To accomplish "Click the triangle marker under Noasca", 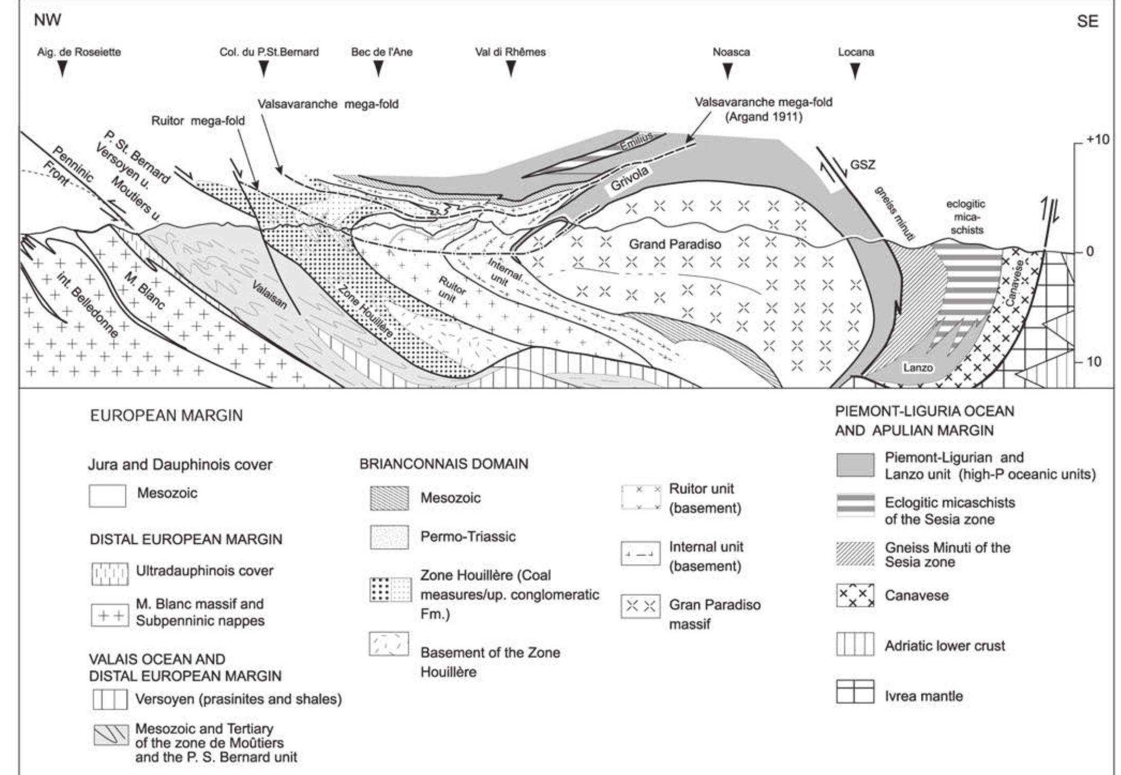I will coord(727,71).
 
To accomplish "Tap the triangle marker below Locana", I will coord(855,71).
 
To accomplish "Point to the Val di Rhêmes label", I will coord(510,52).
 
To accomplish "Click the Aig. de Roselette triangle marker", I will coord(62,69).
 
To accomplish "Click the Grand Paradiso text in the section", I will coord(675,245).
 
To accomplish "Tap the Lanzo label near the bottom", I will coord(917,367).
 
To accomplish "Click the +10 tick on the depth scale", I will coord(1097,140).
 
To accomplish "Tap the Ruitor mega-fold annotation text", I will coord(198,121).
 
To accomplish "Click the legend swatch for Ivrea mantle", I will coord(855,691).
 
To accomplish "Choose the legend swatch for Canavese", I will coord(855,595).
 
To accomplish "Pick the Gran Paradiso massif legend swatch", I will coord(640,607).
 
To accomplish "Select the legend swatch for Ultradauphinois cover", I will coord(109,574).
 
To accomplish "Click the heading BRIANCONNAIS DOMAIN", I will coord(444,464).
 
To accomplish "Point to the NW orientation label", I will coord(47,21).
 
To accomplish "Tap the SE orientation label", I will coord(1087,22).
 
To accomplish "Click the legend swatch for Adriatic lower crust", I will coord(855,644).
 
